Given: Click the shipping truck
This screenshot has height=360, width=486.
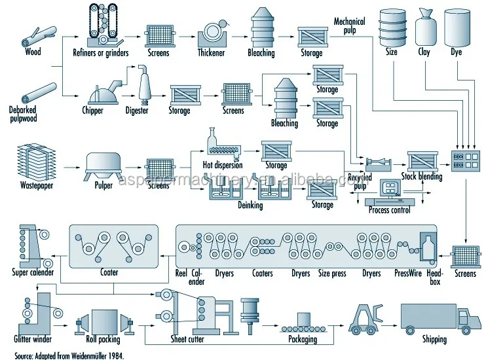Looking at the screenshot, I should pyautogui.click(x=439, y=317).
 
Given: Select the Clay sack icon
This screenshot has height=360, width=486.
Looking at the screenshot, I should pyautogui.click(x=424, y=27).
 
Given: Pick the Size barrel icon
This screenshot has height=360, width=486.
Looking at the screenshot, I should pyautogui.click(x=391, y=27).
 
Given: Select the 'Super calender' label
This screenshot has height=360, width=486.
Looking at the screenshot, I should pyautogui.click(x=33, y=272).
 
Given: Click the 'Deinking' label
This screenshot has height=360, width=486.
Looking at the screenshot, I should pyautogui.click(x=249, y=205).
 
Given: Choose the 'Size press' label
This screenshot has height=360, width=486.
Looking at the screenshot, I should pyautogui.click(x=332, y=273).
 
